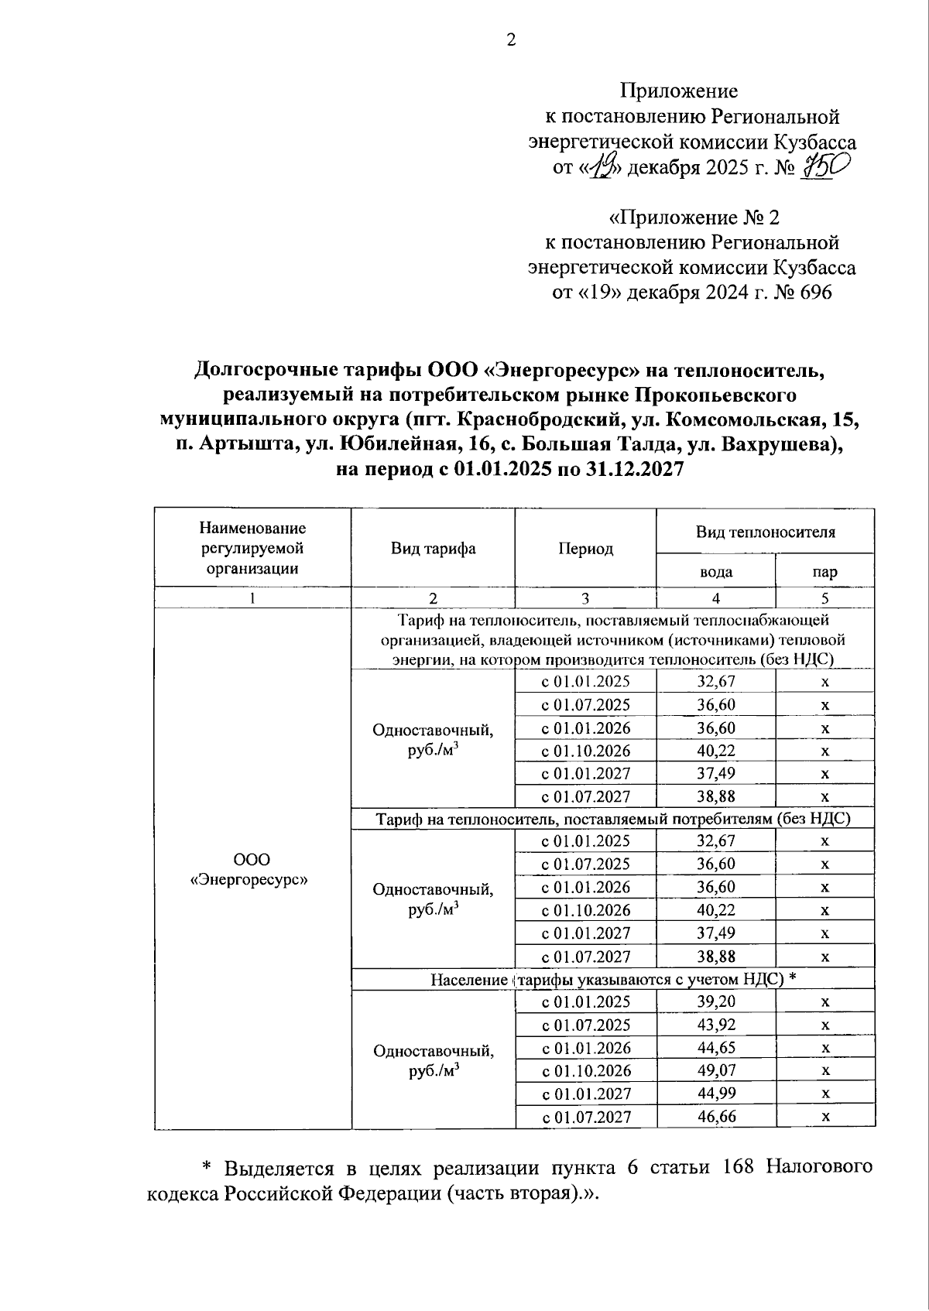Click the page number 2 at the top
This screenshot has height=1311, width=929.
[x=511, y=40]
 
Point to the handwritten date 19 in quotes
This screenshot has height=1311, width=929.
[x=601, y=166]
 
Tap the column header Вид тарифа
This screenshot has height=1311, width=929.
[x=433, y=549]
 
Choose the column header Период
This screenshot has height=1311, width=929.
[x=585, y=549]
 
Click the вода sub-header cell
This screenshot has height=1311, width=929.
[x=715, y=573]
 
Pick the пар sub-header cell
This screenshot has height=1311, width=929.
[x=824, y=573]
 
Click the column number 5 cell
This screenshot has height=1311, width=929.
[x=824, y=597]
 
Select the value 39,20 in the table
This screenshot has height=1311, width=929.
[x=715, y=1001]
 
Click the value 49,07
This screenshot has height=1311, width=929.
[x=715, y=1070]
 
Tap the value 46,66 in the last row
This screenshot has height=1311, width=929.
[x=715, y=1116]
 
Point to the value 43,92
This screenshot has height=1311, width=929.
[x=715, y=1025]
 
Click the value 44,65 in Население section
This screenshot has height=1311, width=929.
[x=715, y=1047]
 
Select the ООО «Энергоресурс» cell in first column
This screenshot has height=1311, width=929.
[x=252, y=869]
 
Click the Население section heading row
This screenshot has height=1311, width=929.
[x=613, y=980]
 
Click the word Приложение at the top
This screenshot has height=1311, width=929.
[x=678, y=91]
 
